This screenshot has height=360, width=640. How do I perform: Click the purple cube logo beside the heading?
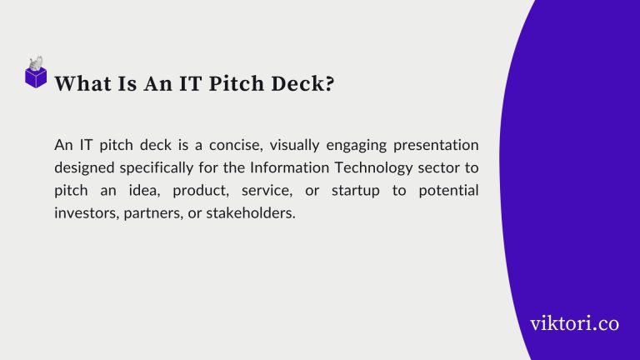point(36,75)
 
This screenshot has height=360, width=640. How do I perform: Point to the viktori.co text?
point(574,323)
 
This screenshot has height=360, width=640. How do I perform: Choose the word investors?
point(86,213)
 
